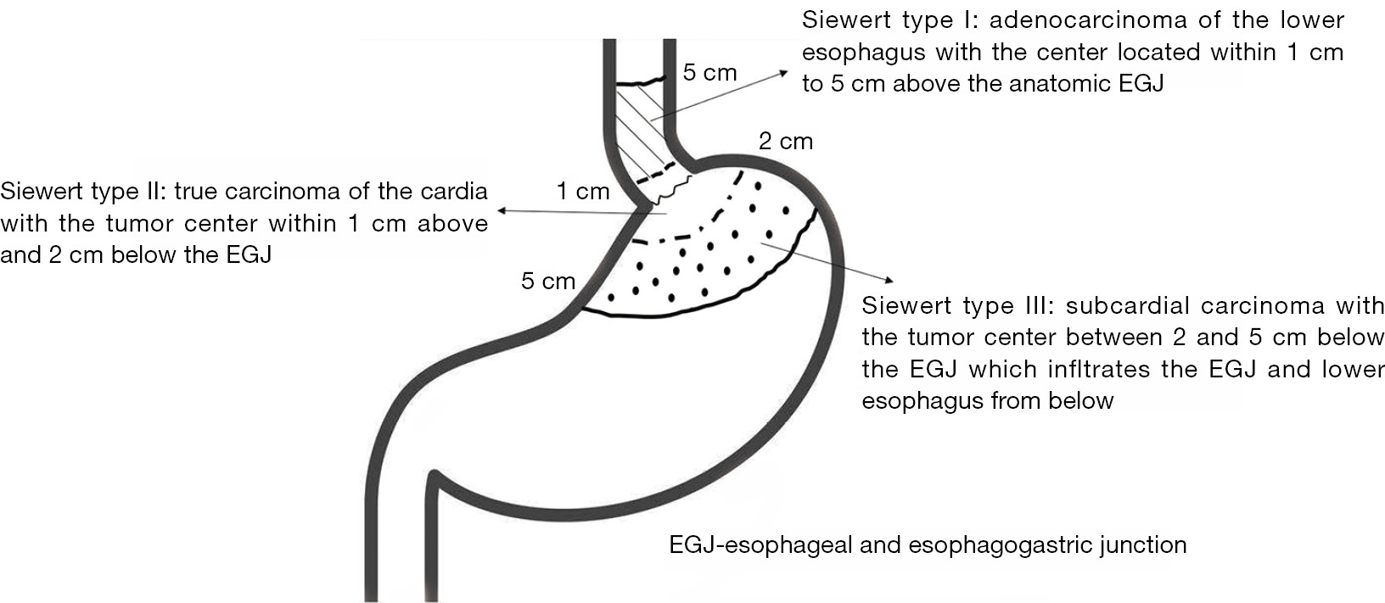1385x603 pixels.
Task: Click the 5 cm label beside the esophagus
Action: [x=709, y=73]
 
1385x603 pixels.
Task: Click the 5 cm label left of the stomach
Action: [x=548, y=281]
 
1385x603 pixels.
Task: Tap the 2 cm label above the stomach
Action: [x=785, y=142]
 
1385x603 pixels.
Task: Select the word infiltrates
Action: [x=1100, y=369]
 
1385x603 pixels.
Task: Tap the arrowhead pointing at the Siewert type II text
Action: [x=503, y=211]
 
